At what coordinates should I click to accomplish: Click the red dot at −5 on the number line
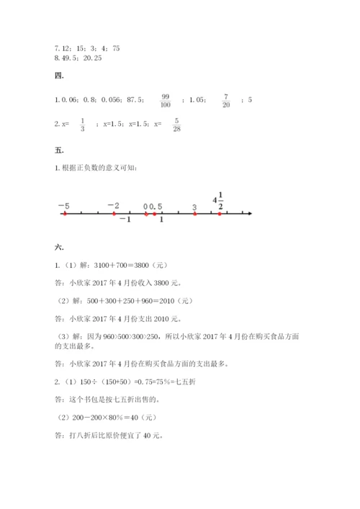click(65, 214)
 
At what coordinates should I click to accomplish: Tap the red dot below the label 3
click(194, 214)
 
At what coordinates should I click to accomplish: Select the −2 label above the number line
click(113, 205)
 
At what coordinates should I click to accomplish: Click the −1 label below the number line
click(125, 220)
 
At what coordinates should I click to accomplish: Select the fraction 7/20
click(225, 100)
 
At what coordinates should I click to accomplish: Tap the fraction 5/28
click(176, 125)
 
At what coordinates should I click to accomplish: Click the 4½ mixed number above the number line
click(219, 201)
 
